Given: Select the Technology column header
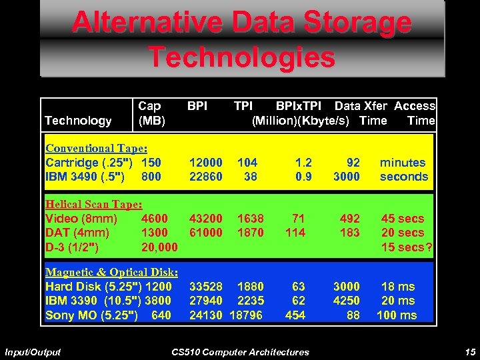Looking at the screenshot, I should tap(78, 121).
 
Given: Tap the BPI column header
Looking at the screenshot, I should tap(197, 106).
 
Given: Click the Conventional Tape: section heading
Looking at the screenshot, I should tap(97, 149).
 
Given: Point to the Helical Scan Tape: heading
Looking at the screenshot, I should tap(94, 205).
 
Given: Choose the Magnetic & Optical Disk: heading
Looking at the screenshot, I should tap(111, 272).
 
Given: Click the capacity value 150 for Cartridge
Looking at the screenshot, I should tap(151, 163).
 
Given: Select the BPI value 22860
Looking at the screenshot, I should tap(206, 177).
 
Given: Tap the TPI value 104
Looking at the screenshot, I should tap(247, 163).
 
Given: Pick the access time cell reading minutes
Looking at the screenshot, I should tap(403, 163).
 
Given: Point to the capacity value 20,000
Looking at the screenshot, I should tap(160, 247).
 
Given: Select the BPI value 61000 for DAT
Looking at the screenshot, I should tap(206, 233).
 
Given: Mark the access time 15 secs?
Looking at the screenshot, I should tap(407, 247).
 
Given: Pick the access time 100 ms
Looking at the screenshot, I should tap(397, 315).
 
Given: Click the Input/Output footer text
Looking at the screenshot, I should tap(33, 352).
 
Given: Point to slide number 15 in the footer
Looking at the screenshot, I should tap(470, 352).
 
